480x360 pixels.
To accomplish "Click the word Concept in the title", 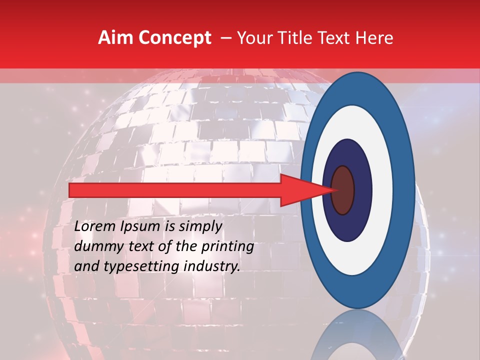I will click(174, 38).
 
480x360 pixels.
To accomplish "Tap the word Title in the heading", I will click(301, 38).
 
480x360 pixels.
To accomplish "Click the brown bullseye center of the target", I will click(342, 190).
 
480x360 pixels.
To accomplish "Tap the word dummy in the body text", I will click(95, 246).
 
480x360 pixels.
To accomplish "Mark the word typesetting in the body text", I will click(134, 267).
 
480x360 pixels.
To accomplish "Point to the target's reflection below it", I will click(357, 340).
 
